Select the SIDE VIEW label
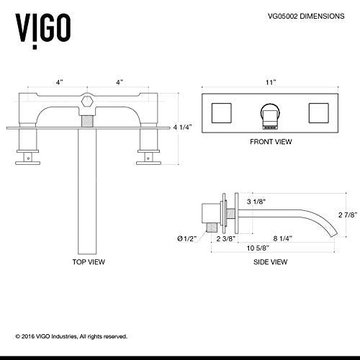pos(271,264)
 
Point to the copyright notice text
pos(71,336)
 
